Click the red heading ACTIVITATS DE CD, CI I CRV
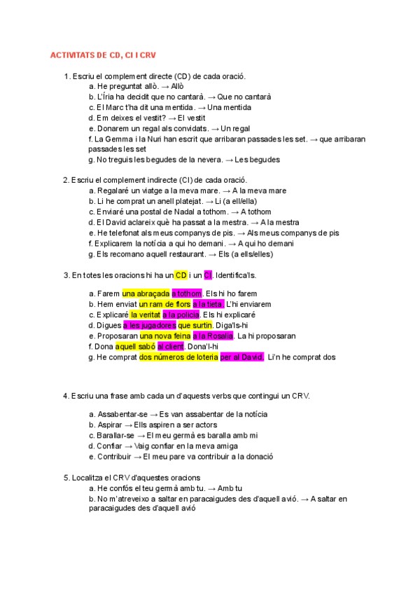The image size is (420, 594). click(x=108, y=55)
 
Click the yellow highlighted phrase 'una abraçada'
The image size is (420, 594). click(x=146, y=293)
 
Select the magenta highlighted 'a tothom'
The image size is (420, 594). click(x=187, y=293)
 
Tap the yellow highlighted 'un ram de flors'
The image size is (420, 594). click(x=164, y=304)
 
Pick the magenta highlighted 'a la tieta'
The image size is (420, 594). click(x=206, y=304)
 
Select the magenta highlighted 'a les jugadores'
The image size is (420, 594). click(x=149, y=325)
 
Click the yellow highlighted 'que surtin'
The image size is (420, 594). click(x=195, y=325)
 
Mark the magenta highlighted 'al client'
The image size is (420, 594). click(x=170, y=346)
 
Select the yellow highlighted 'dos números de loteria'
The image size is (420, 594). click(x=178, y=357)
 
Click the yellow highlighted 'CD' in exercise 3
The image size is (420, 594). click(x=181, y=275)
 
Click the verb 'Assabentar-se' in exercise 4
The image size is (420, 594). click(x=122, y=414)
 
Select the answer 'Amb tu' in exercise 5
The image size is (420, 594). click(x=230, y=488)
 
